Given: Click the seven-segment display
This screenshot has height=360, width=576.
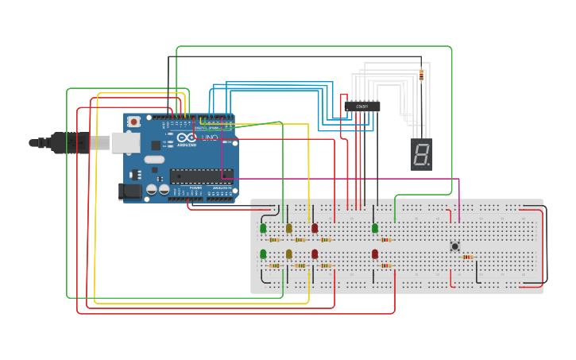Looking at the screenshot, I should (422, 154).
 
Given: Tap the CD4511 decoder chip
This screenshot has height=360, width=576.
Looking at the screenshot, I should (361, 106).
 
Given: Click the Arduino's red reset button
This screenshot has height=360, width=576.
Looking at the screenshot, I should (133, 122).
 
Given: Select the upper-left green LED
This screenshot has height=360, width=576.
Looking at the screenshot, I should (263, 229).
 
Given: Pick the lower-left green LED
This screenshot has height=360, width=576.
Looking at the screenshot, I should (263, 254).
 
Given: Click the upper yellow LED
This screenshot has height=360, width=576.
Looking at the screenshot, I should (289, 229).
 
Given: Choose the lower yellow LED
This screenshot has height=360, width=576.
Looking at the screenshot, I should (289, 254).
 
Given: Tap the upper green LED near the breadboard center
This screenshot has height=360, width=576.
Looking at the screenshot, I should (375, 229).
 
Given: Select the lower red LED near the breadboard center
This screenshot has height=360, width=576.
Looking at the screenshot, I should (375, 254).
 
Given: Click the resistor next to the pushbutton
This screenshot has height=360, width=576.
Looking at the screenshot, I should (467, 257).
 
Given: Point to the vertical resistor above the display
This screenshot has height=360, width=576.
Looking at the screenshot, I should (421, 75).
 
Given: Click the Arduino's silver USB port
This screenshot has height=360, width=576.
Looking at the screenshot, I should (126, 142).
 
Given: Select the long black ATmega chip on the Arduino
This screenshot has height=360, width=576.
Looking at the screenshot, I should (200, 176).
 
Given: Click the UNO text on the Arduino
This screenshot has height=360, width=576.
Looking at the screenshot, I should (209, 138).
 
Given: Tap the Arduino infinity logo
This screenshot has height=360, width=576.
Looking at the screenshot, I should (187, 137).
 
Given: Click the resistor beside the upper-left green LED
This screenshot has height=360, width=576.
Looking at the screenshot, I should (274, 239).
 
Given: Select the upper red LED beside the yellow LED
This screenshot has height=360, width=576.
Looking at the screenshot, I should (315, 229).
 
